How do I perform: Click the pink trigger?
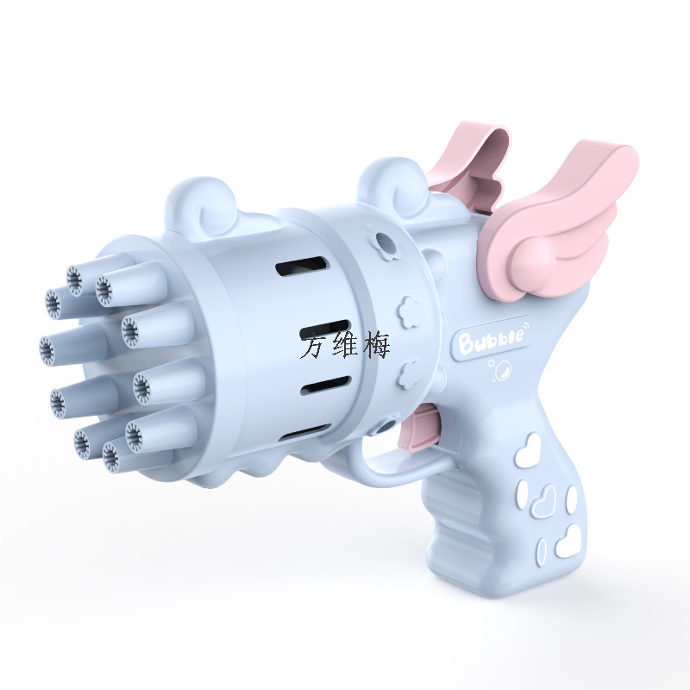pyautogui.click(x=419, y=428)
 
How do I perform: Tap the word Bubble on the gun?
pyautogui.click(x=491, y=338)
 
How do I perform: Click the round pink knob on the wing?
pyautogui.click(x=532, y=257)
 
